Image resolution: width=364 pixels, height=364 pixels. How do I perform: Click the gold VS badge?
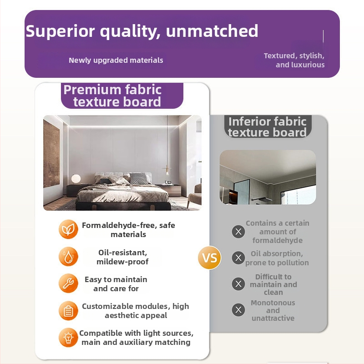[209, 258]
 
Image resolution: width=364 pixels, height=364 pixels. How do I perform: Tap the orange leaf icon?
[68, 229]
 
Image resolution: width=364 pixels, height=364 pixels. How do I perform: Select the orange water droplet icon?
[68, 257]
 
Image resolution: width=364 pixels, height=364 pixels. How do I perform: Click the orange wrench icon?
[68, 283]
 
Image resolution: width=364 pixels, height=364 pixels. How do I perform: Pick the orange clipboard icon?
[68, 311]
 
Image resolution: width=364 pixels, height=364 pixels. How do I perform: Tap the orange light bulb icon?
[68, 338]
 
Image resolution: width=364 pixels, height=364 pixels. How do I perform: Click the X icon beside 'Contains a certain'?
[238, 232]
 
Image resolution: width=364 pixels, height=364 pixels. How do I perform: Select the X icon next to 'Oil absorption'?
[238, 258]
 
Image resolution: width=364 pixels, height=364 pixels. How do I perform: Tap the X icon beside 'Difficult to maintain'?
[238, 284]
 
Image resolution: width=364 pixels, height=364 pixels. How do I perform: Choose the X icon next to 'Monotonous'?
[238, 310]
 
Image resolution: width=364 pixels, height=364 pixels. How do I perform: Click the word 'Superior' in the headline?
[61, 31]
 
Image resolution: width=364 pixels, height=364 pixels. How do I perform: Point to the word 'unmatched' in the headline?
[212, 31]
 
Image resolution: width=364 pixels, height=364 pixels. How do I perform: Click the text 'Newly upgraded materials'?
[116, 61]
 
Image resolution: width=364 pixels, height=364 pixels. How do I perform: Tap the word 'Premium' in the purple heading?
[92, 90]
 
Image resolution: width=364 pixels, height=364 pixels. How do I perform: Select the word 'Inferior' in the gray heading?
[248, 121]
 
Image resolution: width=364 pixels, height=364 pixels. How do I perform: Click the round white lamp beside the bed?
[76, 179]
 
